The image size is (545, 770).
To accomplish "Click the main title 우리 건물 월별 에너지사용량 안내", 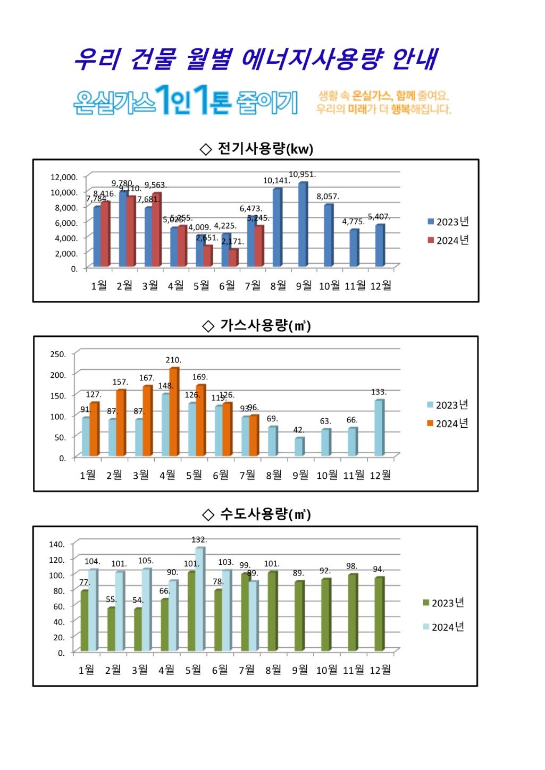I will coord(255,58).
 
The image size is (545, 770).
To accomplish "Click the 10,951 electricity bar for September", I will coord(303,224).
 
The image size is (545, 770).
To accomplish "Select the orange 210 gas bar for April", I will coord(174,412).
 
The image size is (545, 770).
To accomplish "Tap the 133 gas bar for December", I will coord(378,428).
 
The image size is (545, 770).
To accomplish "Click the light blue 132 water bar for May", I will coord(199,599).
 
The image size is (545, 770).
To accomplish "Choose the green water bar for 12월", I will coord(379,614).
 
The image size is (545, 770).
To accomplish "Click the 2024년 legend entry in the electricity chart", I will coord(448,240).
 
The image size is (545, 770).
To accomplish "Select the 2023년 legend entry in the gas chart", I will coord(447,405).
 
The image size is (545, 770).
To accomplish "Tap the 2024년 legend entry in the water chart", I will coord(443,627).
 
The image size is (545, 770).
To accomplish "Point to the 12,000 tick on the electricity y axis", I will coord(64,177).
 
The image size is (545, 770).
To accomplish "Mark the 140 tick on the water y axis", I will coord(57,544).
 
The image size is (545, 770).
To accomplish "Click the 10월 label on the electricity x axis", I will coord(329,286).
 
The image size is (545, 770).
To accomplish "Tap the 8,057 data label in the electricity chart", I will coord(328,197).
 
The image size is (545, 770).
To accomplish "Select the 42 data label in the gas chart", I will coord(299,430).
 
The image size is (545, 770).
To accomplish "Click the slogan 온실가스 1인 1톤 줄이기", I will coord(185,101).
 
